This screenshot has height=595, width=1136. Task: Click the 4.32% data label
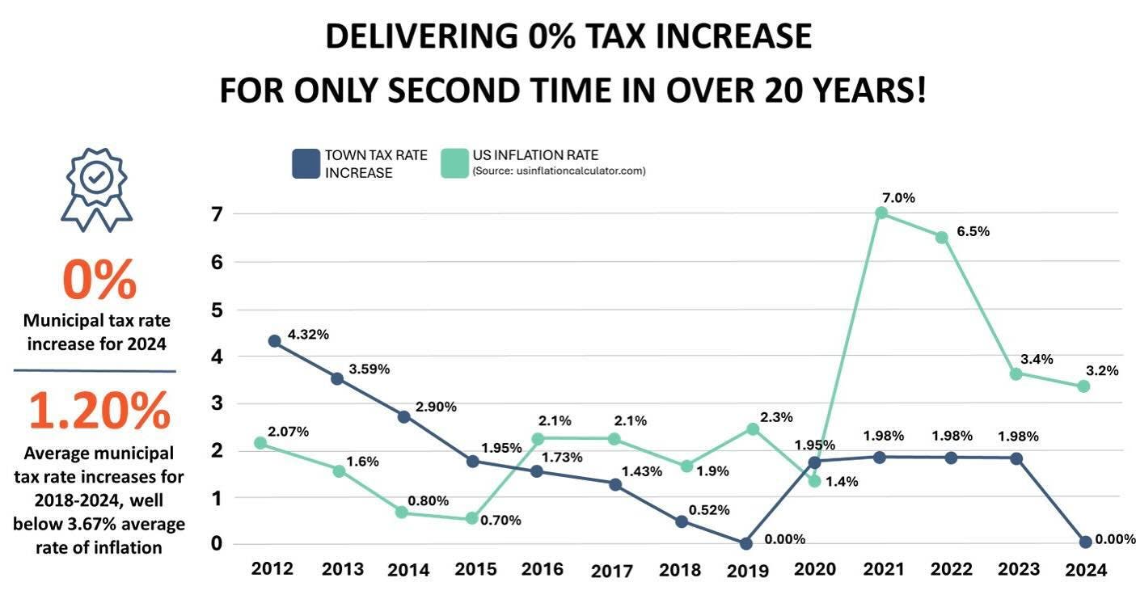pos(307,334)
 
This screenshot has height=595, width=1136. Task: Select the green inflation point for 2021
pos(881,213)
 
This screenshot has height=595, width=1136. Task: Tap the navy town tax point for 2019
pos(745,543)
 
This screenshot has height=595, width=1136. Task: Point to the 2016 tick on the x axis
pos(542,569)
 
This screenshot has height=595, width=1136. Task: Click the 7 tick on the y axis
pos(216,214)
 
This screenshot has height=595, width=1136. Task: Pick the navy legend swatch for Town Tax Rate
pos(306,163)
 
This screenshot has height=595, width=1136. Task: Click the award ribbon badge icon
pos(97,185)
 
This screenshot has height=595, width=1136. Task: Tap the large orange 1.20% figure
pos(99,411)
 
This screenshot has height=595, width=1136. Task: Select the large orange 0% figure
pos(99,280)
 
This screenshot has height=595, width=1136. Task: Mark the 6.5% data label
pos(973,231)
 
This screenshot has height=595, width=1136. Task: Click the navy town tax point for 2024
pos(1085,542)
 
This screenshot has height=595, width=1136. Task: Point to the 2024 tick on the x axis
pos(1085,569)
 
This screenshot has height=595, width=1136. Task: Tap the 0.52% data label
pos(709,510)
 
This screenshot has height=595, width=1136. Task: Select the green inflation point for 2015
pos(472,518)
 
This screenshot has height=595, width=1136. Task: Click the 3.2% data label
pos(1102,371)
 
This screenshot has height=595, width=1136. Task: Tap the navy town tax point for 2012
pos(274,341)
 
